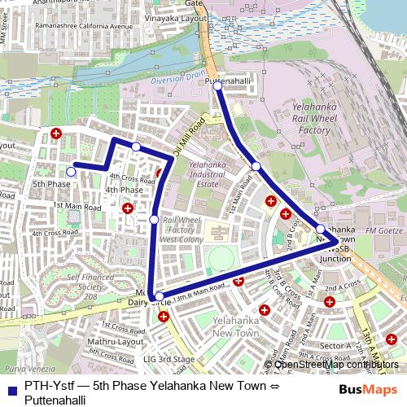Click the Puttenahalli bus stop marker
click(x=218, y=85)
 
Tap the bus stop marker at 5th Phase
click(x=71, y=171)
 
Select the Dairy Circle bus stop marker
click(x=159, y=296)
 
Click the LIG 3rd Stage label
click(x=168, y=359)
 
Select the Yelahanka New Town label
click(x=234, y=326)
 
